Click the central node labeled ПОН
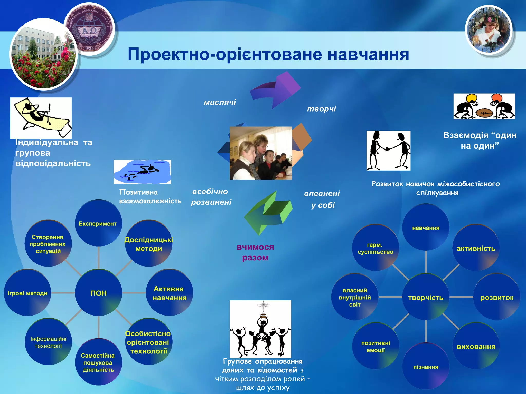[x=98, y=293]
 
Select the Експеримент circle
[x=98, y=223]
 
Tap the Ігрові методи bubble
[x=27, y=293]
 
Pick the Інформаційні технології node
[x=48, y=342]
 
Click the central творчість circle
[x=426, y=297]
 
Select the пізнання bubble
[x=426, y=367]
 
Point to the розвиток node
[x=497, y=297]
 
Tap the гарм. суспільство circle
[x=375, y=248]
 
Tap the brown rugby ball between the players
[x=484, y=113]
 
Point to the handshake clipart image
[x=388, y=151]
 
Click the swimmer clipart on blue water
[x=142, y=171]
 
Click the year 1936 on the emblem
[x=89, y=48]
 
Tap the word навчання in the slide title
[x=368, y=54]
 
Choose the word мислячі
[x=220, y=102]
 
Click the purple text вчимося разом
[x=255, y=252]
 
